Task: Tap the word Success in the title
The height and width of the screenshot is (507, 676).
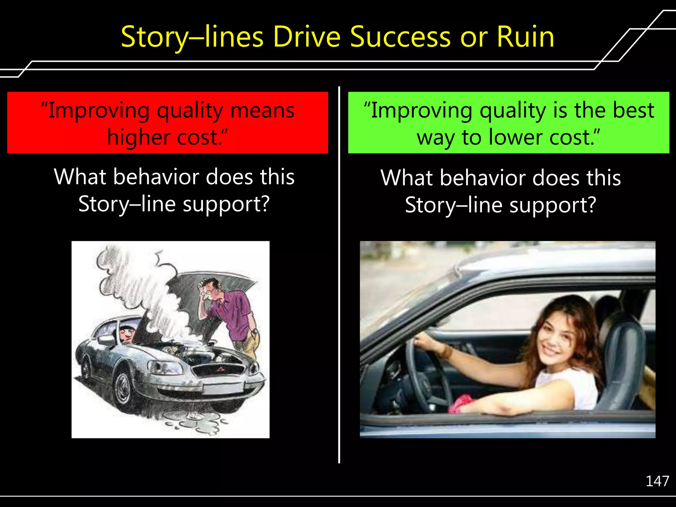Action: (x=400, y=37)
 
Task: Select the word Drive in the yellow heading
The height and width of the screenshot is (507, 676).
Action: (x=307, y=37)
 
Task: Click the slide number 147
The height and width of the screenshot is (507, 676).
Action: (x=657, y=481)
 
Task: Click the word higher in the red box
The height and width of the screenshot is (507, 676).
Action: (x=139, y=137)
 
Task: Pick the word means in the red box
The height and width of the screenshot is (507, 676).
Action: (x=262, y=111)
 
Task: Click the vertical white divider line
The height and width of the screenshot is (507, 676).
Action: (x=339, y=274)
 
